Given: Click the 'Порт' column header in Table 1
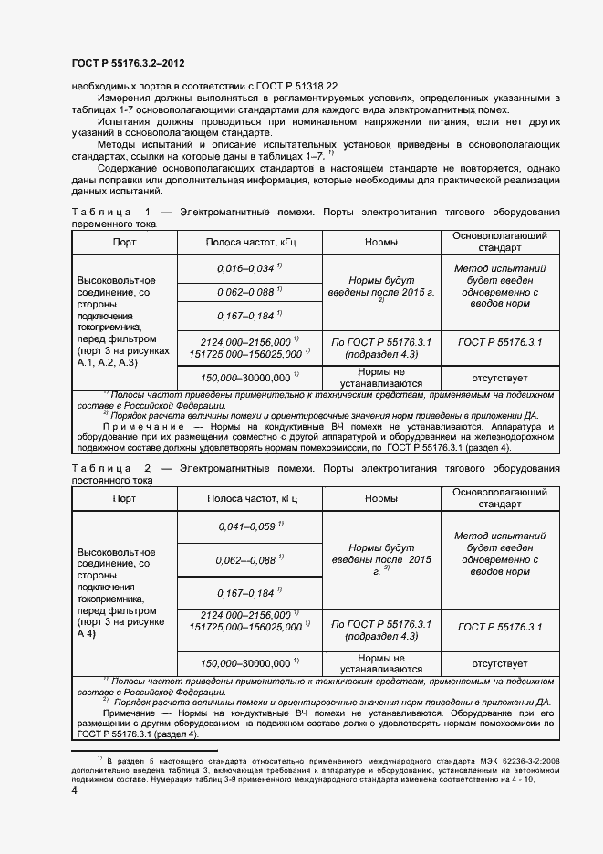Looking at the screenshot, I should (124, 243).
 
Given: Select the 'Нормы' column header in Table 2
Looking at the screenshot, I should (380, 499).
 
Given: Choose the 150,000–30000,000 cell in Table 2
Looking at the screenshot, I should (251, 663).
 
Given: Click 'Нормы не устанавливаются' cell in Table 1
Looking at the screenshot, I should (380, 377).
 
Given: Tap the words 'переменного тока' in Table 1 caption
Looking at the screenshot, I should (113, 224).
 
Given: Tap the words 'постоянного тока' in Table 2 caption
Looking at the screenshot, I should (113, 480).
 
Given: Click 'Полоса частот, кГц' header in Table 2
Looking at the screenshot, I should (251, 499).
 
